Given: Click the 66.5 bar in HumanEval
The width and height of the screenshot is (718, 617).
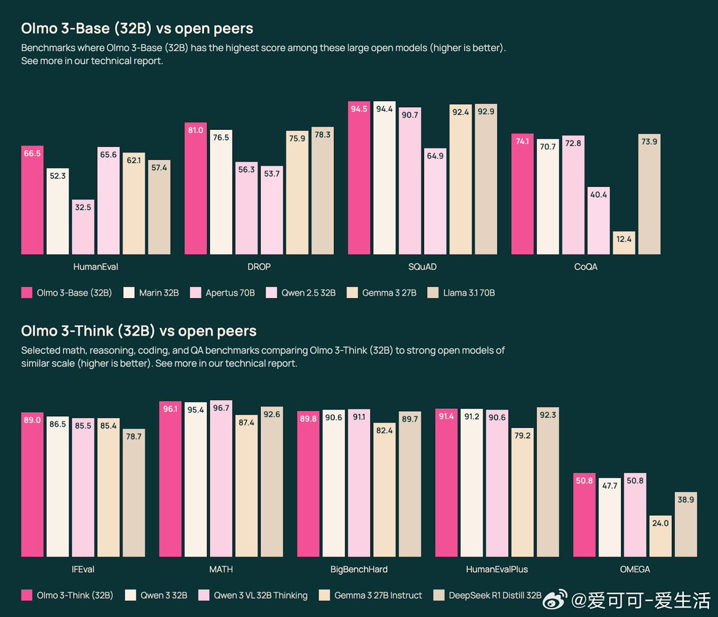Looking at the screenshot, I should click(x=32, y=200).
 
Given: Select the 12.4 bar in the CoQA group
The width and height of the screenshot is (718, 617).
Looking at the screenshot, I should click(x=624, y=243).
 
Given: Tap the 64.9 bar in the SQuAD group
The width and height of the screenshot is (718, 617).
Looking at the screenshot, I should click(x=435, y=201).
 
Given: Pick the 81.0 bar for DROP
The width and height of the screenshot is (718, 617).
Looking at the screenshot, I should click(x=196, y=188).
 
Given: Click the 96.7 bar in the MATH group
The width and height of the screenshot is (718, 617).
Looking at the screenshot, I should click(x=221, y=479).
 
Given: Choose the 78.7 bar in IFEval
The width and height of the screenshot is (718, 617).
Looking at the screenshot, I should click(x=133, y=493).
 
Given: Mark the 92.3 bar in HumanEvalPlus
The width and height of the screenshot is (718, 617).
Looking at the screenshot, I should click(x=547, y=482).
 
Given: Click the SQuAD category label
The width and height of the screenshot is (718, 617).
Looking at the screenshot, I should click(x=422, y=267).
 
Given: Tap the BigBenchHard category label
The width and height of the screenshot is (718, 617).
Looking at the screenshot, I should click(x=359, y=569).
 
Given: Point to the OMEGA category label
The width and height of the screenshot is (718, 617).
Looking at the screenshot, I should click(x=635, y=569).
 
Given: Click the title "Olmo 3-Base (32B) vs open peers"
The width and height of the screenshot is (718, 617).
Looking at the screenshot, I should click(x=137, y=28).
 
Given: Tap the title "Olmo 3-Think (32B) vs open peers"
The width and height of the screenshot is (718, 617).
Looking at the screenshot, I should click(x=139, y=331).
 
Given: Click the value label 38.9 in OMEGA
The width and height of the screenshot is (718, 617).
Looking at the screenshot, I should click(x=686, y=499).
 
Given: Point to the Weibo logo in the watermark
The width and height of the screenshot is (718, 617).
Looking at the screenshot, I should click(x=555, y=598).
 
